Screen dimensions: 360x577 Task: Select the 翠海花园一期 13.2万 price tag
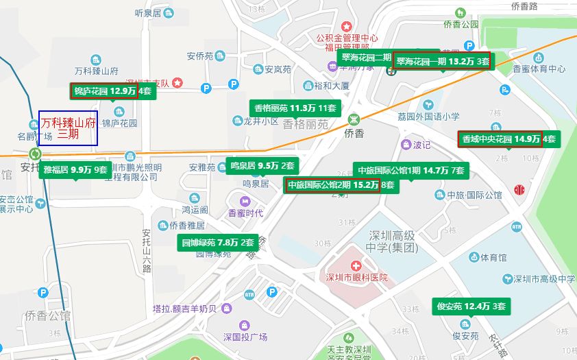(442, 61)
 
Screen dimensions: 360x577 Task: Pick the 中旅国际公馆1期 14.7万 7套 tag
(410, 170)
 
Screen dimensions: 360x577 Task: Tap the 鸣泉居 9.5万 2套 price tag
(262, 165)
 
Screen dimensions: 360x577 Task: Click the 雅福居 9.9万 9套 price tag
(75, 169)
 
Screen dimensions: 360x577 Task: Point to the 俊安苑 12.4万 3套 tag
(471, 306)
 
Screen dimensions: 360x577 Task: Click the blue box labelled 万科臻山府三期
(68, 128)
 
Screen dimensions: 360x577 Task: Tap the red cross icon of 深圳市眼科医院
(356, 265)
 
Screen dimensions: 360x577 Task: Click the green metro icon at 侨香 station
(354, 118)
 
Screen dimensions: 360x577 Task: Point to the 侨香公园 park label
(460, 24)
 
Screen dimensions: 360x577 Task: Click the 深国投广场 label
(245, 337)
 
